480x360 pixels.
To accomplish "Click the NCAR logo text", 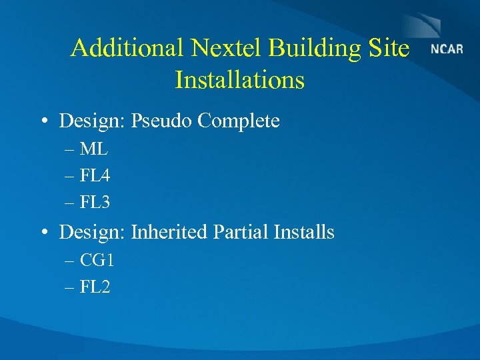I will coord(447,49).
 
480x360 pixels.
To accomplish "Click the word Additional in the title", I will coord(127,48).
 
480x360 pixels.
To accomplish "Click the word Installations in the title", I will coord(239,80).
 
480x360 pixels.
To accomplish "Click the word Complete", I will coord(239,121).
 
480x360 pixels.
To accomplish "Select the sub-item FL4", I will coord(95,177).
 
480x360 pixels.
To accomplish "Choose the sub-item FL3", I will coord(95,202).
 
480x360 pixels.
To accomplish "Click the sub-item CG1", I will coord(97,261).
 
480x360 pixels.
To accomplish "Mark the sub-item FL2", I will coord(95,287).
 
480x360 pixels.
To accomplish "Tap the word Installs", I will coord(304,232).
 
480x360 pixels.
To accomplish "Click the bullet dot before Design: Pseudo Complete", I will coord(43,122).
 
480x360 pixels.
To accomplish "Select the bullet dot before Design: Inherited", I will coord(43,233).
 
